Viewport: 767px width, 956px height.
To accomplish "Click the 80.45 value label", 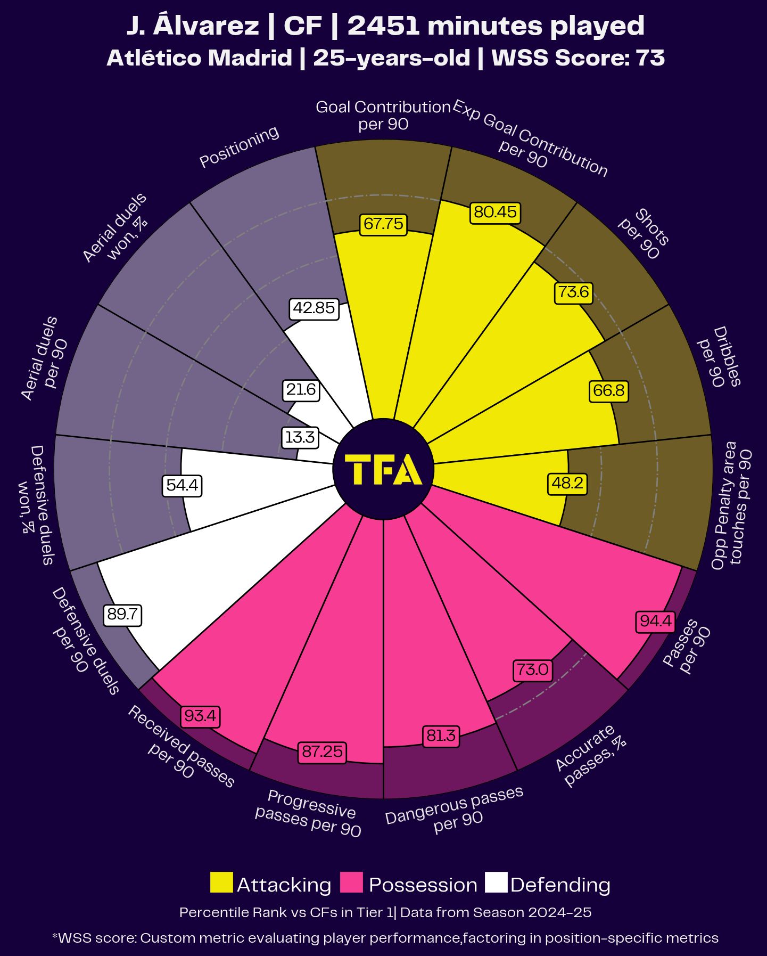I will point(495,213).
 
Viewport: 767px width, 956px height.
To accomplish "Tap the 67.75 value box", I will point(383,224).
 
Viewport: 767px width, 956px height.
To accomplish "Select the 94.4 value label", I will point(655,622).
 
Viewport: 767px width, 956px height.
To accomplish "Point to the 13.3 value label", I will point(300,438).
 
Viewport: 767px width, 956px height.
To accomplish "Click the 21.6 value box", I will point(301,390).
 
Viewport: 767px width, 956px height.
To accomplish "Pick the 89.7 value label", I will point(123,615).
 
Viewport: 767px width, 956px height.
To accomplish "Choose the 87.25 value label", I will point(322,751).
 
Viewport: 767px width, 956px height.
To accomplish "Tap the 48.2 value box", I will point(567,484).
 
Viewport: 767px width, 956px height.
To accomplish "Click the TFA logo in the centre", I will point(383,470).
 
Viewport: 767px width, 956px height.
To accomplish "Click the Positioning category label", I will point(239,146).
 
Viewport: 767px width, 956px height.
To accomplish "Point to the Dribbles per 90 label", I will point(719,357).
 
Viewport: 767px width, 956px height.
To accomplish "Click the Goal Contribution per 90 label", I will point(383,116).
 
